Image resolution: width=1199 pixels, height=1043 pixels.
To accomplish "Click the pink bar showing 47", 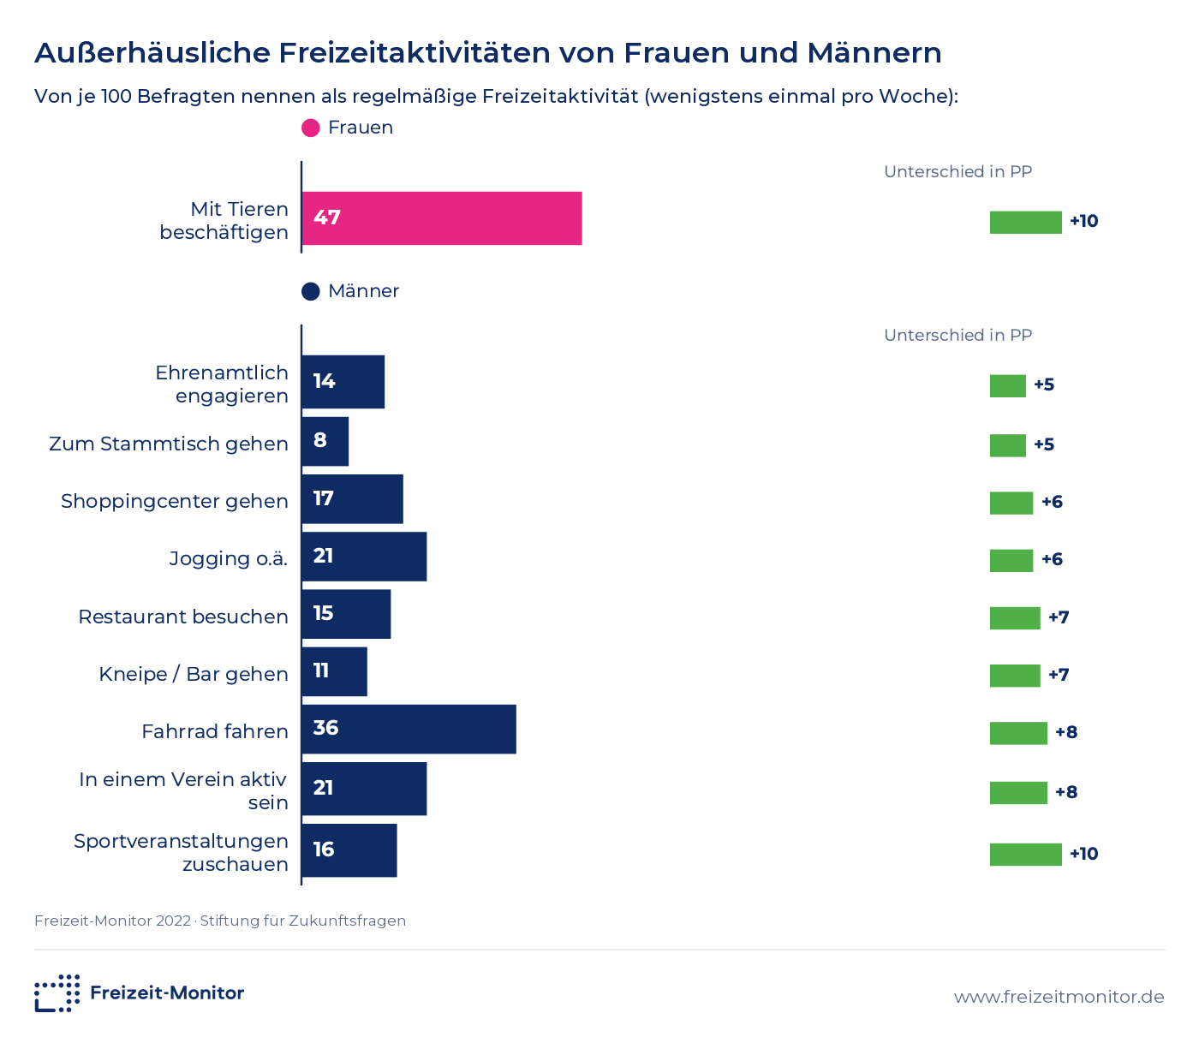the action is [x=442, y=218].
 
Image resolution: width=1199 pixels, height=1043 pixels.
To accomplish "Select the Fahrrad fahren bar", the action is [x=409, y=729].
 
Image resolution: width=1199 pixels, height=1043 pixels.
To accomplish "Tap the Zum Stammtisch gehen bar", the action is [x=325, y=441].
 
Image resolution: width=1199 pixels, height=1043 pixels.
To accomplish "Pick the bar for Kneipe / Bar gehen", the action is [x=335, y=671].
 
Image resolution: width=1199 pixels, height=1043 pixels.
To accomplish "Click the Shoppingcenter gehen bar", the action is [x=353, y=498].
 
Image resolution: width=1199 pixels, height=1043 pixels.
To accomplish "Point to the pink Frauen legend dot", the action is [x=311, y=128].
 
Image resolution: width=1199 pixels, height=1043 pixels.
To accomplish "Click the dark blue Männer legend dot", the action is [x=311, y=291].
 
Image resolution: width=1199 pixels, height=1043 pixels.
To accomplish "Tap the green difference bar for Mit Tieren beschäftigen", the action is [x=1025, y=222].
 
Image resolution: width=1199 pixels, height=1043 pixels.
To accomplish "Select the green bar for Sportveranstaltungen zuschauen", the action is [x=1025, y=855].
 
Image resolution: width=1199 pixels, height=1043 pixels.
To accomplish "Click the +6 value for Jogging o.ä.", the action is [x=1052, y=559].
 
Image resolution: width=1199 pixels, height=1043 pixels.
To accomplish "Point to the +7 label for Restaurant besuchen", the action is [x=1059, y=617].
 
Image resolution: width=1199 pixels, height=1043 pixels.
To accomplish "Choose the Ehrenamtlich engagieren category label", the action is [x=222, y=384].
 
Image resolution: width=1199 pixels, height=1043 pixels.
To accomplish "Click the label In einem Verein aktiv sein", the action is [x=183, y=791].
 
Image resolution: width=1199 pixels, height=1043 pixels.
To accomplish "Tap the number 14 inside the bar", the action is [x=324, y=381].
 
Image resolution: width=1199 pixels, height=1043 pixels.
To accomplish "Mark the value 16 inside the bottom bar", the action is [x=324, y=849].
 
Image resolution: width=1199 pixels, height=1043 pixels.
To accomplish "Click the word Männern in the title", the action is [x=874, y=53].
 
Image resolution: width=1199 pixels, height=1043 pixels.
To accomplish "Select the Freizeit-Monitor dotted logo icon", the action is [x=57, y=993].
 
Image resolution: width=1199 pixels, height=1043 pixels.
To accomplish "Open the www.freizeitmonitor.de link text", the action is [x=1059, y=997].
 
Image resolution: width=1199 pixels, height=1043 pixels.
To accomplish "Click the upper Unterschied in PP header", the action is [x=958, y=171].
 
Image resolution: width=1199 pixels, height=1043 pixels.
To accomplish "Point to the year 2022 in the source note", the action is [x=173, y=921].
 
